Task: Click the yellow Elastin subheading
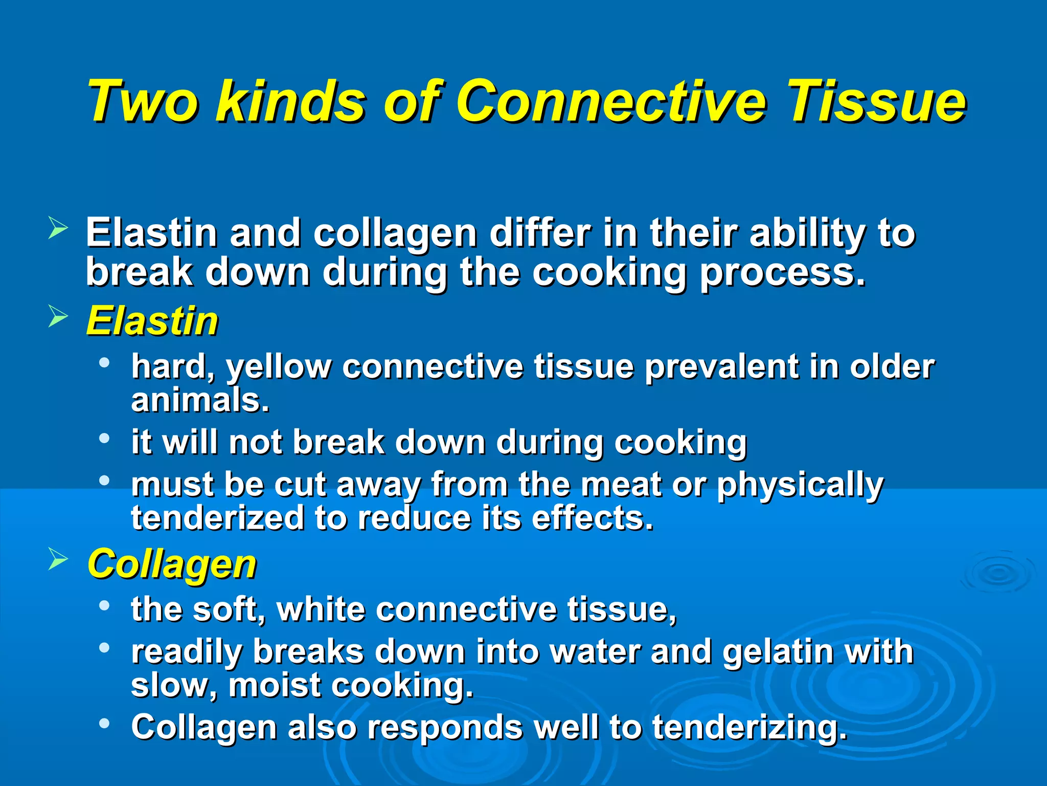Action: click(x=152, y=321)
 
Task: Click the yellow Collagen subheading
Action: click(x=172, y=564)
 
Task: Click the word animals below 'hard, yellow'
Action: click(x=199, y=401)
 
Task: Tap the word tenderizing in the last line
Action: click(x=749, y=728)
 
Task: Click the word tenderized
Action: click(x=217, y=518)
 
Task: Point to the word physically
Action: click(x=800, y=485)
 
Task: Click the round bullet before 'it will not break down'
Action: click(x=104, y=439)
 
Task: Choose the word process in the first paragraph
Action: click(x=782, y=273)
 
